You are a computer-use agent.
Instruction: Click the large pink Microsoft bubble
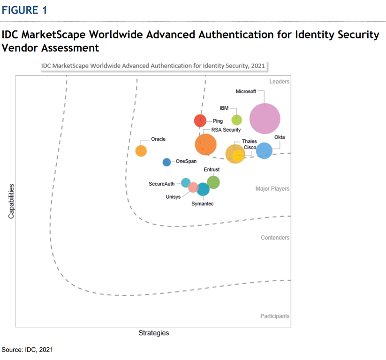265,119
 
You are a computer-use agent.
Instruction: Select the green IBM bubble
237,120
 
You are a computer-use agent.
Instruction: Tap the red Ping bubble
200,120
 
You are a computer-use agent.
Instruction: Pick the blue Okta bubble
264,150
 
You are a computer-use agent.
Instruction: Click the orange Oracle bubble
141,151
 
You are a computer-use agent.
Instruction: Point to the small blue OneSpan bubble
167,162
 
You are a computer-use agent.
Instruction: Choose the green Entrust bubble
213,182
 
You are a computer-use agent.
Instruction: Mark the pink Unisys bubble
193,187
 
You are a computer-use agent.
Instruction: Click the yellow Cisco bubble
238,156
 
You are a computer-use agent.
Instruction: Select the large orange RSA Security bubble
206,144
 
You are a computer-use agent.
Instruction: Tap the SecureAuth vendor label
162,184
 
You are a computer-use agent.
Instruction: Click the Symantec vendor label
203,204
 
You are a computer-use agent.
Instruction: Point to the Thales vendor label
249,141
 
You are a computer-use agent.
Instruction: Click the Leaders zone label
280,82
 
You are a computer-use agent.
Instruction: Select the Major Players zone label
272,189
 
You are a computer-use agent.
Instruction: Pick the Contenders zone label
275,238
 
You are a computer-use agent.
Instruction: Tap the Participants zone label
275,316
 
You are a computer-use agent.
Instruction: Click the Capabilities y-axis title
11,201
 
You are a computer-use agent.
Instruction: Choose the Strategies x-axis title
154,333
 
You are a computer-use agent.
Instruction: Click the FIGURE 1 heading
24,10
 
